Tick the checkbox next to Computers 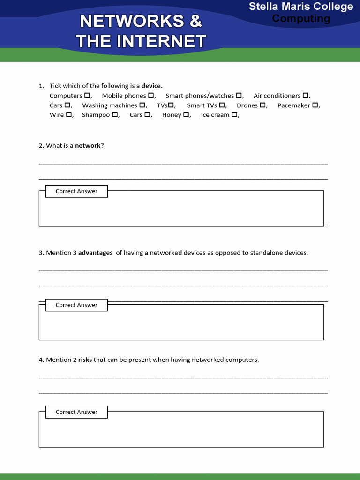coord(87,96)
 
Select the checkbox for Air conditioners coord(305,96)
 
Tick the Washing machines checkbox coord(142,105)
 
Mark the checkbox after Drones coord(262,105)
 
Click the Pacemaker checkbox coord(315,105)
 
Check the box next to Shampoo coord(114,115)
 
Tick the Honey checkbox coord(186,115)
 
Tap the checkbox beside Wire coord(68,115)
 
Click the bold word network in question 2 coord(88,146)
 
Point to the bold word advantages coord(95,253)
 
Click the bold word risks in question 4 coord(85,360)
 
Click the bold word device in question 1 coord(151,86)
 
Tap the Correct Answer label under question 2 coord(76,191)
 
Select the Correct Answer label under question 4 coord(76,412)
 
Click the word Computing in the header coord(301,19)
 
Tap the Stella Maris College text coord(301,7)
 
